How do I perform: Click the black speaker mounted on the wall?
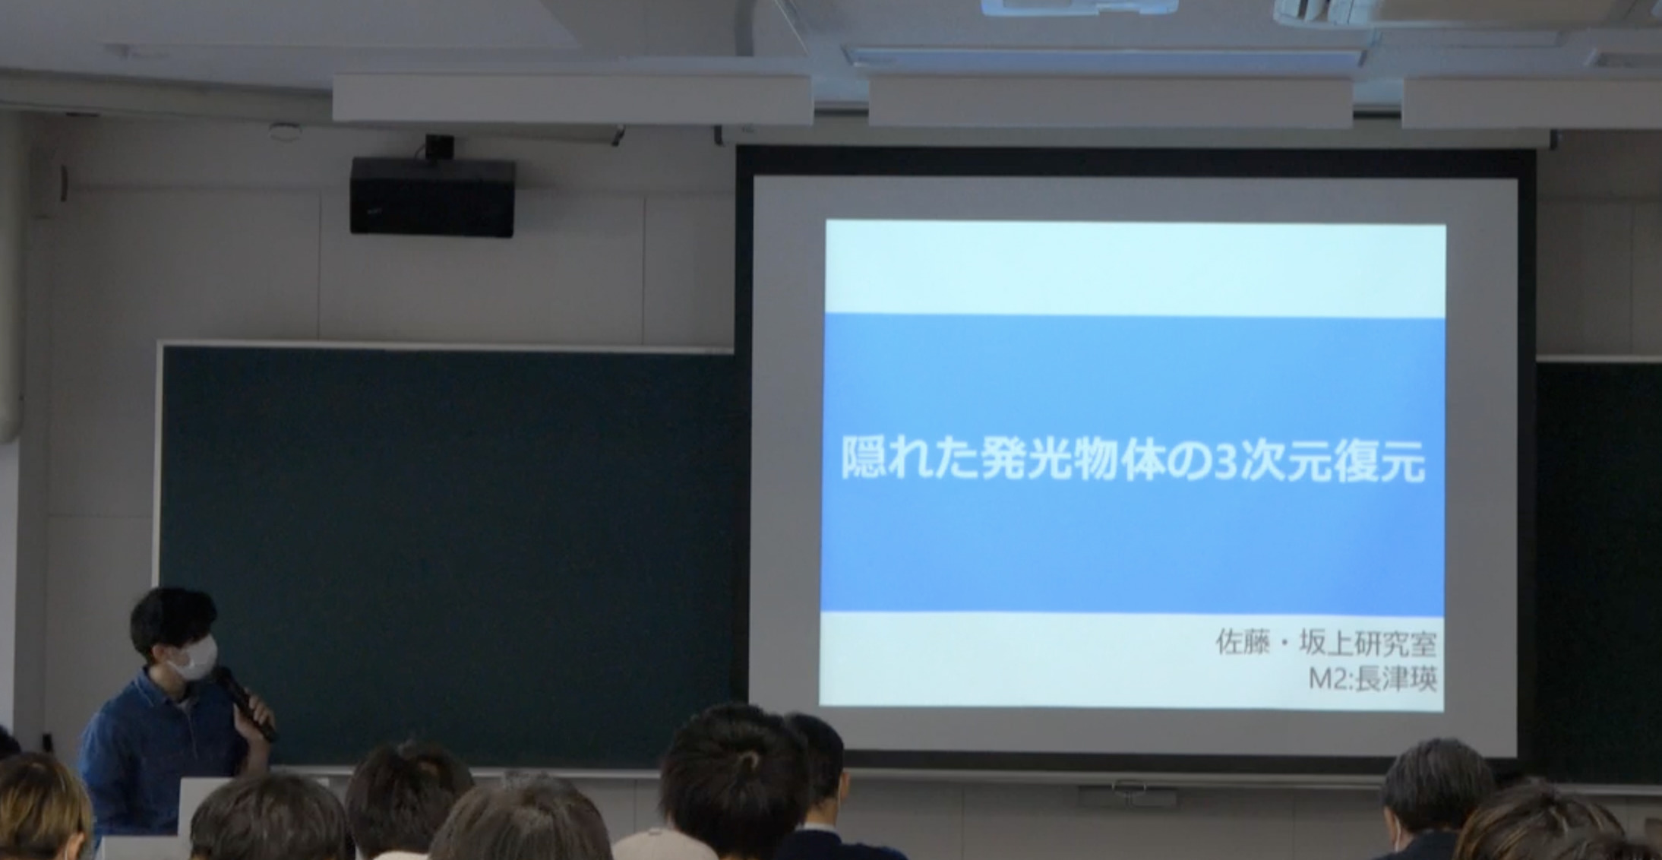coord(432,197)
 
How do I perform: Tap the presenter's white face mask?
coord(193,658)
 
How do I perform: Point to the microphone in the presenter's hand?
coord(245,703)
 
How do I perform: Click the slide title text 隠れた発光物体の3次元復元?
coord(1133,458)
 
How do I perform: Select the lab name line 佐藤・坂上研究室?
coord(1325,643)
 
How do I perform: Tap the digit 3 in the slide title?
coord(1225,460)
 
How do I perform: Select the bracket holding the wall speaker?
coord(439,147)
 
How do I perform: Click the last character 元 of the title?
coord(1404,460)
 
